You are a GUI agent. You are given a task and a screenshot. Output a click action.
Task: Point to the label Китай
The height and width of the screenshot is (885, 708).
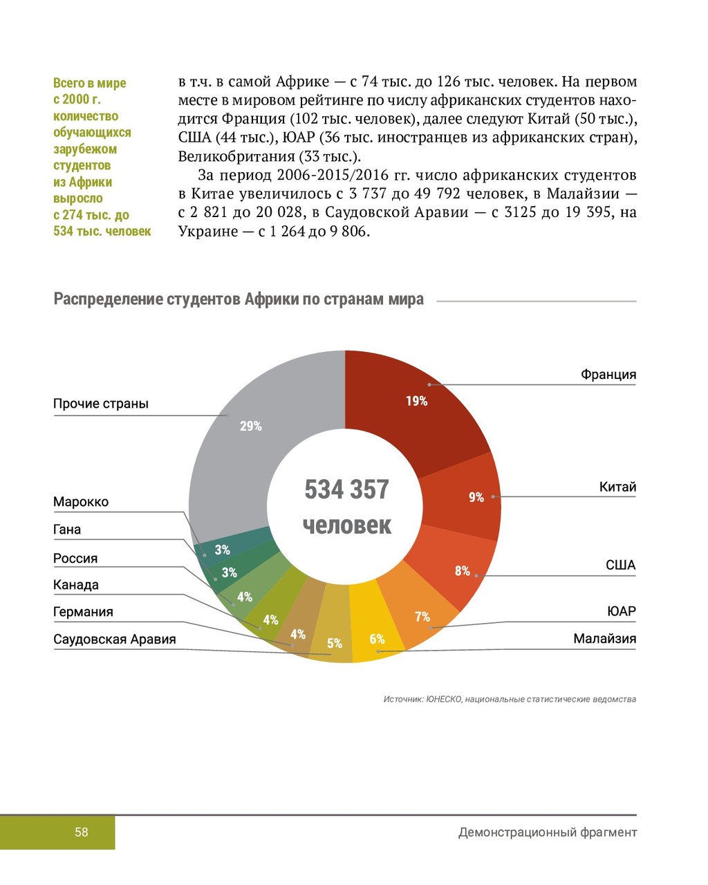pyautogui.click(x=617, y=487)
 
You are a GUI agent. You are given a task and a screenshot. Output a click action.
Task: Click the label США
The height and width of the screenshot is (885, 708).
pyautogui.click(x=620, y=566)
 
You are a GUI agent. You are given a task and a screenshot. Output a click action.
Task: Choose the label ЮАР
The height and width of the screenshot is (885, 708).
pyautogui.click(x=621, y=612)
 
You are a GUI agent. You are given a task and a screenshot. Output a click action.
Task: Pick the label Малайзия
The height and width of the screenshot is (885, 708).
pyautogui.click(x=604, y=639)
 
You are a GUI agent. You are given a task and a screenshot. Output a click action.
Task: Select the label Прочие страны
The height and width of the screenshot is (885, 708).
pyautogui.click(x=101, y=404)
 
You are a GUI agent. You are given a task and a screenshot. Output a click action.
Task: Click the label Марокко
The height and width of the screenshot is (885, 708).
pyautogui.click(x=81, y=502)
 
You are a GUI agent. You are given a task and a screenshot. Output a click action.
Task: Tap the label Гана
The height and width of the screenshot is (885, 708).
pyautogui.click(x=67, y=530)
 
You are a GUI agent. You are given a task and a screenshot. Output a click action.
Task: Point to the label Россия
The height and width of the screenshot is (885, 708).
pyautogui.click(x=75, y=559)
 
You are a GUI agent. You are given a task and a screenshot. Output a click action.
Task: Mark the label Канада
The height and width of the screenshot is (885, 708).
pyautogui.click(x=76, y=585)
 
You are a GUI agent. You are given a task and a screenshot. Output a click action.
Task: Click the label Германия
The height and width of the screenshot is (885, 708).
pyautogui.click(x=83, y=612)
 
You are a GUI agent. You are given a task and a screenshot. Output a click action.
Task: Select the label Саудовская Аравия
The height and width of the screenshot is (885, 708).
pyautogui.click(x=115, y=640)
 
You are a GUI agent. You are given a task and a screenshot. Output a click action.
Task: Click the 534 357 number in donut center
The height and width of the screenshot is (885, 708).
pyautogui.click(x=346, y=490)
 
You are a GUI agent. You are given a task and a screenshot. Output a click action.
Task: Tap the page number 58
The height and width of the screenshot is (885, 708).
pyautogui.click(x=82, y=832)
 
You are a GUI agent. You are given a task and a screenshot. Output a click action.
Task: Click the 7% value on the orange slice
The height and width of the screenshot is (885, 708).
pyautogui.click(x=422, y=617)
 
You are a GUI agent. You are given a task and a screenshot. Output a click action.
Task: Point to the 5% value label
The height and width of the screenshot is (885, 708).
pyautogui.click(x=335, y=644)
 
